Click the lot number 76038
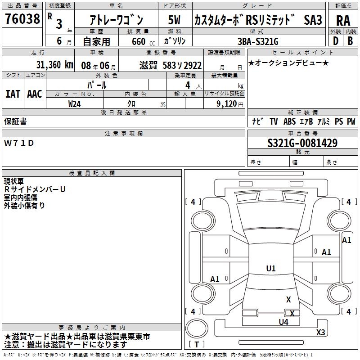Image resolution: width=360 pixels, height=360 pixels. (x=22, y=19)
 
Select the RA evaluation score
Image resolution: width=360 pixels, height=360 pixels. (x=343, y=21)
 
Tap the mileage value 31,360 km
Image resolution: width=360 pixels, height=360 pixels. (x=54, y=65)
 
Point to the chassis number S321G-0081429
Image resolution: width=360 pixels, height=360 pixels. (x=302, y=143)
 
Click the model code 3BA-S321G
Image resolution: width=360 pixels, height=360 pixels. (x=258, y=41)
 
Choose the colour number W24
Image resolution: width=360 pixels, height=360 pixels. (x=74, y=104)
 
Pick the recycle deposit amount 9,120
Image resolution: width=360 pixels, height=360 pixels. (x=227, y=104)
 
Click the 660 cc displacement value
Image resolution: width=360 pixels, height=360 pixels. (x=143, y=42)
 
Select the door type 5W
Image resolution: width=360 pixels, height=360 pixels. (x=174, y=20)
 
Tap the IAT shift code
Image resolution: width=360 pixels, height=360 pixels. (x=13, y=94)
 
